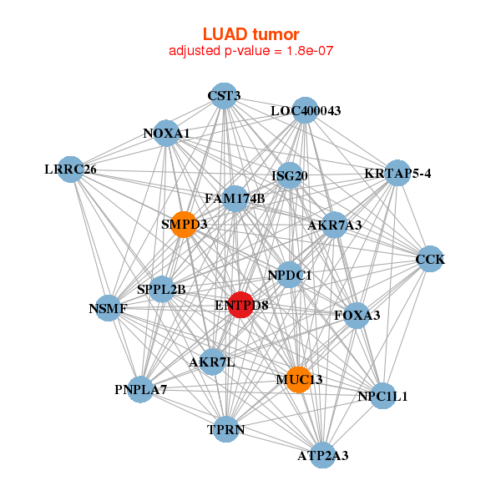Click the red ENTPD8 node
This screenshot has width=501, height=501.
pos(240,305)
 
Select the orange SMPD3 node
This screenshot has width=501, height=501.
pos(184,224)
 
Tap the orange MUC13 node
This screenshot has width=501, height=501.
pos(298,380)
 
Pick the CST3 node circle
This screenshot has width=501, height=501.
pos(222,95)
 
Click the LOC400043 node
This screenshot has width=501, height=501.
pos(305,110)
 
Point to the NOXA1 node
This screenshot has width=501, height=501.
pos(167,134)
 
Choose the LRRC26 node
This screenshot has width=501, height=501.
pos(72,170)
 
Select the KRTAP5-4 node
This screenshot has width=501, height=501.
pos(397,174)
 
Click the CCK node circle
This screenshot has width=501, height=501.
pos(429,259)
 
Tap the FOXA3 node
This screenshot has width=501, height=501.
pos(357,315)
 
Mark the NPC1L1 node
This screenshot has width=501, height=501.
pos(382,397)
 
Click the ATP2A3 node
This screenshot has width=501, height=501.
pos(323,455)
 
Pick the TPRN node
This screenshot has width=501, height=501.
pos(226,430)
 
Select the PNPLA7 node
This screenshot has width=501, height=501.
pos(142,389)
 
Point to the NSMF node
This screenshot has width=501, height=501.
pos(109,308)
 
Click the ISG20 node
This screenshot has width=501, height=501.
pos(290,175)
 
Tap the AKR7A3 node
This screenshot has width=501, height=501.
pos(334,225)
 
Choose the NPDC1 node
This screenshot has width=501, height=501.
pos(289,275)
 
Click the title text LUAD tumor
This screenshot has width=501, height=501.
pos(250,34)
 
